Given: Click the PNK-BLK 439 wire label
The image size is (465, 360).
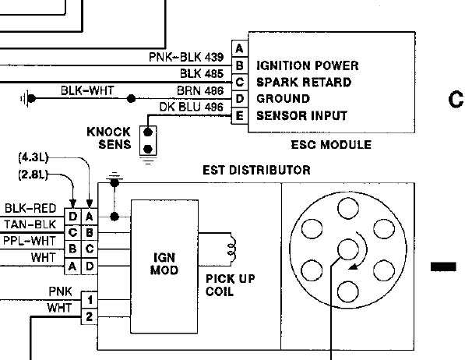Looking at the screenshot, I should [x=186, y=57].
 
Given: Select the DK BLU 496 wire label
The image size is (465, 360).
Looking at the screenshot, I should [x=192, y=108].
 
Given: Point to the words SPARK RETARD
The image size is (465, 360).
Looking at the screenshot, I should [x=304, y=83].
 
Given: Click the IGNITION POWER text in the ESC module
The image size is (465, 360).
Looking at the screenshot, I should [x=308, y=65].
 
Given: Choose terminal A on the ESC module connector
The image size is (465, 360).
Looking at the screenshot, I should [x=239, y=48].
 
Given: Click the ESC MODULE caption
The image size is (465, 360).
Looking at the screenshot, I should [x=331, y=145].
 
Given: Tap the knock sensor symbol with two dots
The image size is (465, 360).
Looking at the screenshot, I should [x=146, y=139].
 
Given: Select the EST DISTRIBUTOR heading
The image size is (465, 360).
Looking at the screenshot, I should [x=256, y=170].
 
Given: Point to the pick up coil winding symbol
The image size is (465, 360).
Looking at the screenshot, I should [x=230, y=251].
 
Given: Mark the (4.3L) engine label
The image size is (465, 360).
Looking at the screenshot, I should [x=34, y=157].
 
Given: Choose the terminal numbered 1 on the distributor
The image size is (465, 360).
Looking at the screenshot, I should [x=91, y=299].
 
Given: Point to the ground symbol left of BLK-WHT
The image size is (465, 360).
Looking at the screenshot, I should [x=29, y=98].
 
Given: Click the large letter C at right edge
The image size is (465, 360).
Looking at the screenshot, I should [x=455, y=99].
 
